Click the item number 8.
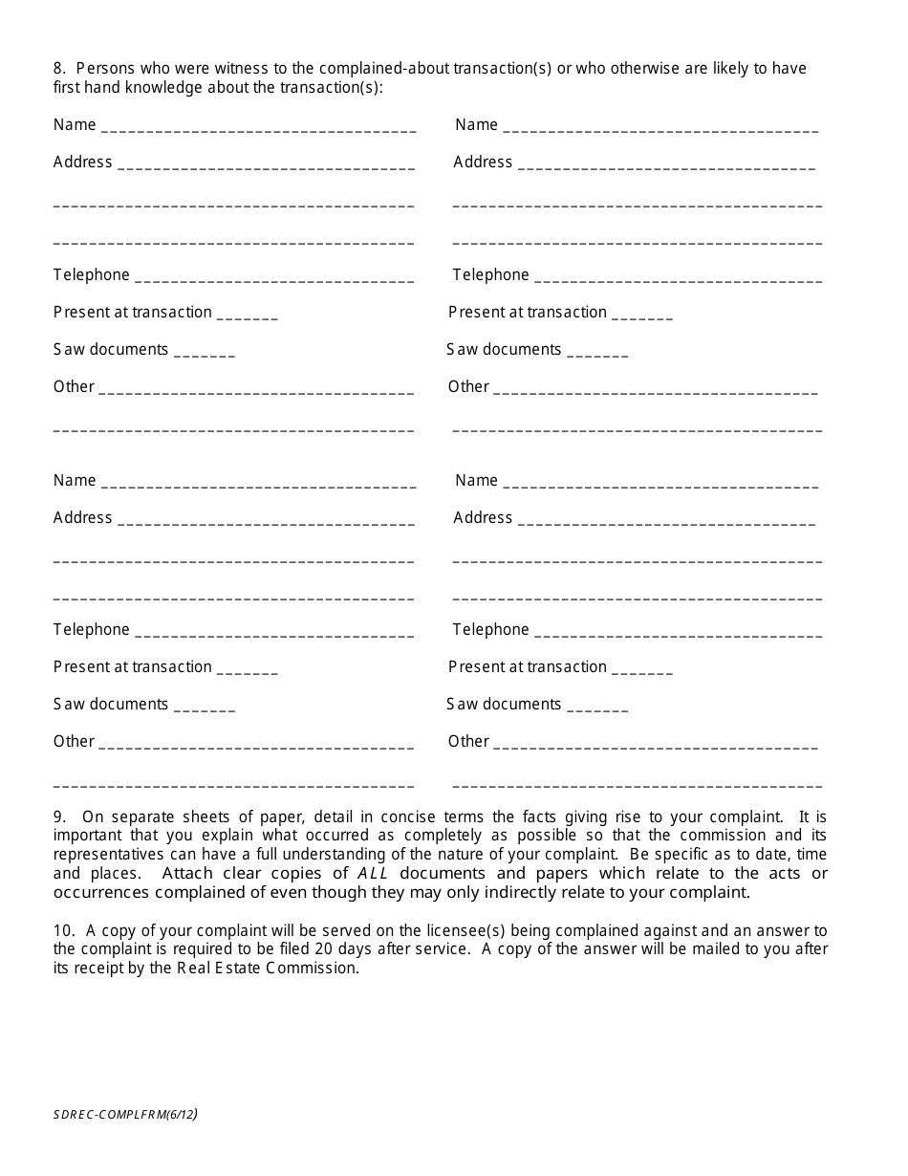point(58,69)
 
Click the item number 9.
point(59,817)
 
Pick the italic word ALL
point(374,873)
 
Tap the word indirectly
point(555,892)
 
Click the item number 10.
point(63,930)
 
